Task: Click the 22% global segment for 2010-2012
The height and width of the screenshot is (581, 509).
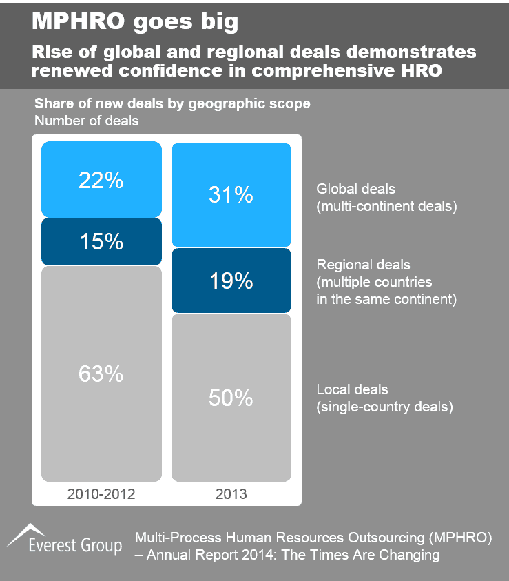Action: tap(101, 180)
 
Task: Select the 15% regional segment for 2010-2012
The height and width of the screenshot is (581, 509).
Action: tap(101, 241)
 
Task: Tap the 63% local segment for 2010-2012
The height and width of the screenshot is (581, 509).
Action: tap(101, 374)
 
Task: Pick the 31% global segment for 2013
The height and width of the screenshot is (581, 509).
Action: tap(231, 195)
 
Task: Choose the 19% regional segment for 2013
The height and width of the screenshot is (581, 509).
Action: tap(231, 280)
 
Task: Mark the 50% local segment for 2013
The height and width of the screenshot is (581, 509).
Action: tap(231, 398)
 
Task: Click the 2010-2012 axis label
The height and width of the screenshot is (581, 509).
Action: tap(101, 493)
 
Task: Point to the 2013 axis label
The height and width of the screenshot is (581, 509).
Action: tap(231, 493)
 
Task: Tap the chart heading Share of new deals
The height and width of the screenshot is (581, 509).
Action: tap(172, 104)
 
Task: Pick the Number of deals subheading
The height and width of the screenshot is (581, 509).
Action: tap(86, 121)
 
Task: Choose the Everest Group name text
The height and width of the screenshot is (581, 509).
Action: tap(76, 547)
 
